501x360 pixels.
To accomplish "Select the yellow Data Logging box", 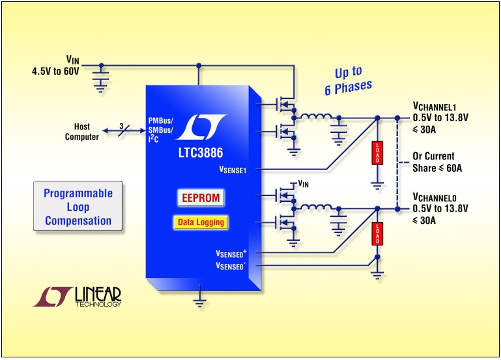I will tap(201, 222).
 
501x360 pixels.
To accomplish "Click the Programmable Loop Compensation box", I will tap(78, 207).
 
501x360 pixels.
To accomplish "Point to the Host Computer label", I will tap(82, 132).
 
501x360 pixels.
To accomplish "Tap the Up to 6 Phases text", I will tap(352, 80).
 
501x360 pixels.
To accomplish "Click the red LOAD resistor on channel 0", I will tap(376, 234).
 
